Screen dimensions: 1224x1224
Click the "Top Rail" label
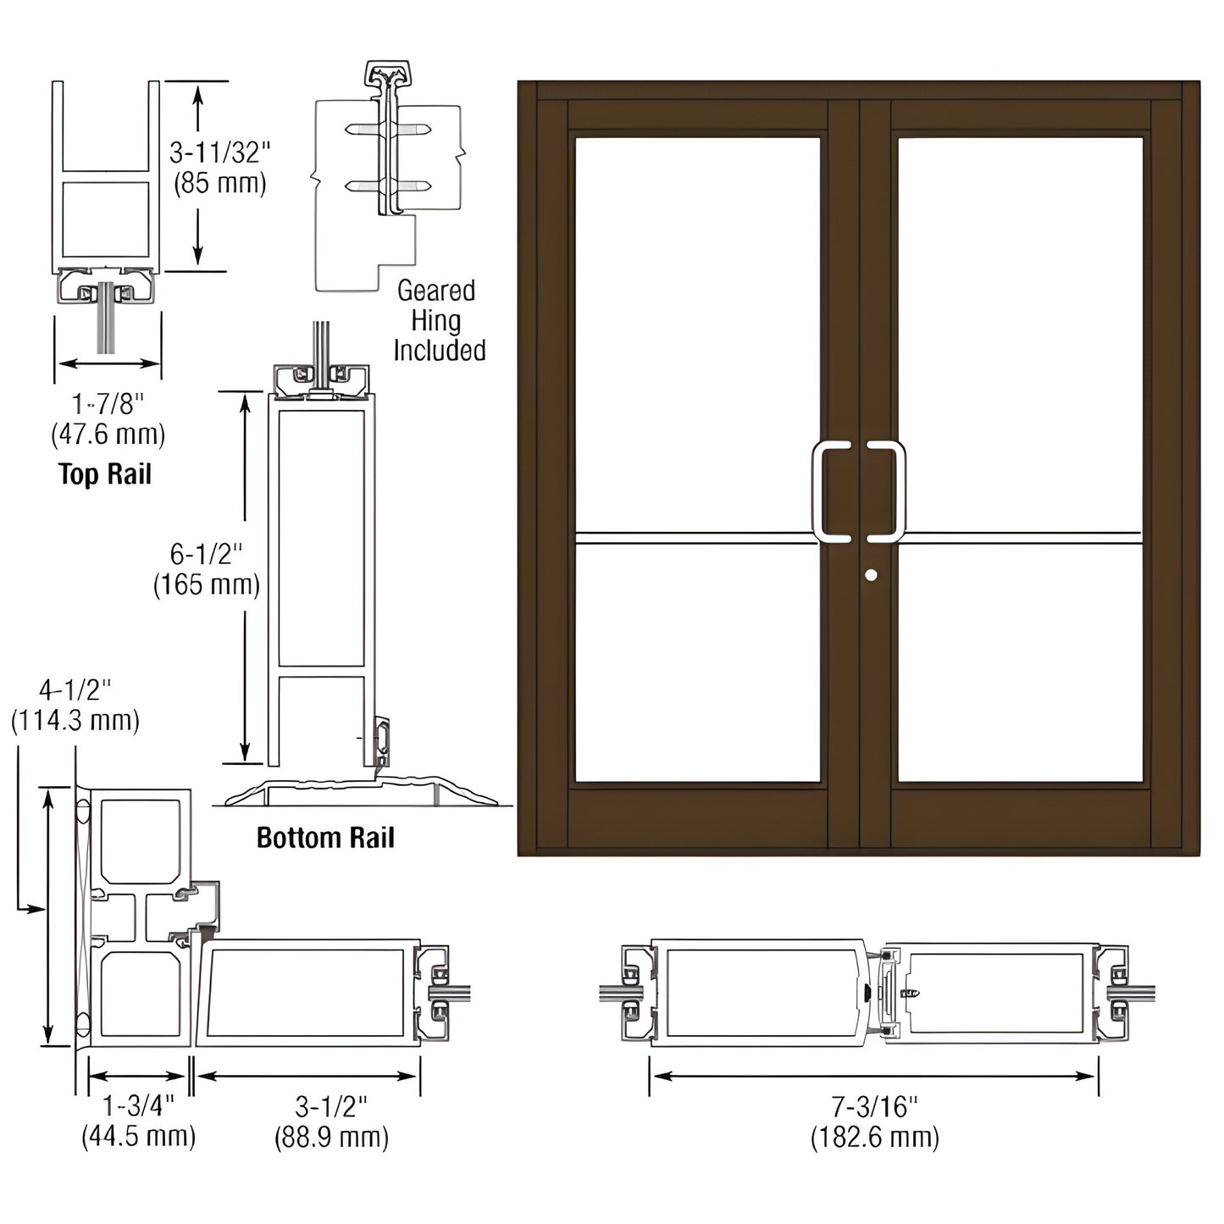(x=105, y=474)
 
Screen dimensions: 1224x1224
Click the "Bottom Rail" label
(x=325, y=838)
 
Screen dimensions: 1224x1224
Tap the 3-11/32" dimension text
(x=220, y=152)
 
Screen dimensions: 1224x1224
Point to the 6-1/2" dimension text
(x=206, y=554)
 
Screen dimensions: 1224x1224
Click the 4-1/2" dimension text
(x=75, y=690)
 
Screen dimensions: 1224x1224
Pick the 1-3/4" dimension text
(x=138, y=1105)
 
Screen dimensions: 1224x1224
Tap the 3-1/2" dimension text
(x=331, y=1105)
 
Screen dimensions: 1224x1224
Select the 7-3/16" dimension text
(x=874, y=1105)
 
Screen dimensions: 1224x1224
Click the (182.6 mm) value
(x=874, y=1136)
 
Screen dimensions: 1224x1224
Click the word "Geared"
(x=436, y=291)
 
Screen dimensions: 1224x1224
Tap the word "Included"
(x=439, y=351)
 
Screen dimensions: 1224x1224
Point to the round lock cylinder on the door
(x=871, y=575)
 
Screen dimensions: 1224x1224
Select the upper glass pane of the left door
(x=697, y=330)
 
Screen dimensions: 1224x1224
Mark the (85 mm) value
(x=220, y=183)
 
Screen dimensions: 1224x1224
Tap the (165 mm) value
(x=206, y=584)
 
